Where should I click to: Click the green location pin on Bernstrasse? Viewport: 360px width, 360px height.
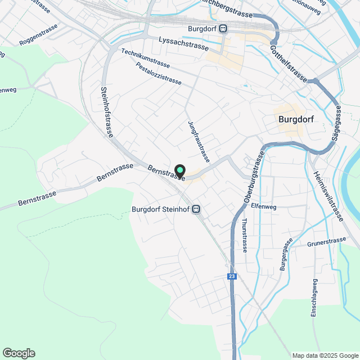click(180, 170)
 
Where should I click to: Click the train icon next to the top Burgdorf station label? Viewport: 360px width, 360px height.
click(223, 29)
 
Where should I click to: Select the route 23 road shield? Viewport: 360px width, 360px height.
click(232, 276)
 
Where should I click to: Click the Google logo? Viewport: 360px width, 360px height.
click(19, 353)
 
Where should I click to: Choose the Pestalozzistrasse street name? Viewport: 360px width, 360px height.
click(159, 73)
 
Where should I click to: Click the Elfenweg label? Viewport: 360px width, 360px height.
click(264, 206)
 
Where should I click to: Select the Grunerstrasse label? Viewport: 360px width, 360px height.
click(327, 242)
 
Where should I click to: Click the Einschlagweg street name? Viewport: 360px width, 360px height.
click(313, 298)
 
